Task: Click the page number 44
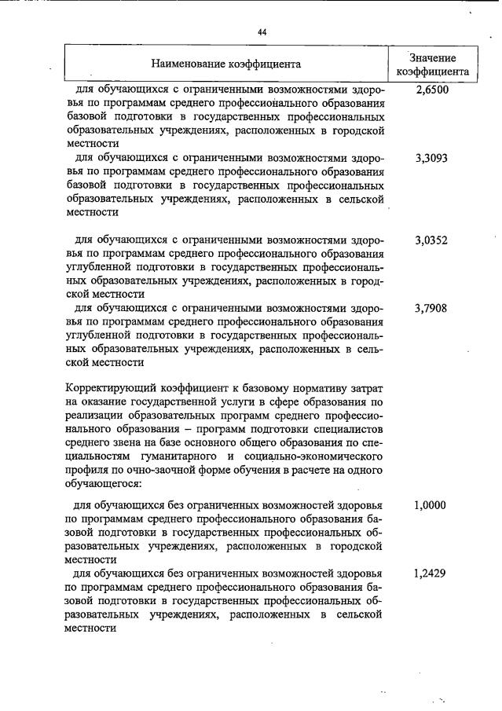pyautogui.click(x=262, y=32)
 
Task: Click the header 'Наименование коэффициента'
pyautogui.click(x=225, y=64)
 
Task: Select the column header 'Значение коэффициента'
pyautogui.click(x=433, y=65)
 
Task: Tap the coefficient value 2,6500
pyautogui.click(x=431, y=90)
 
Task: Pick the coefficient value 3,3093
pyautogui.click(x=431, y=158)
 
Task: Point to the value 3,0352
pyautogui.click(x=431, y=240)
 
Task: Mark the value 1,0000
pyautogui.click(x=430, y=507)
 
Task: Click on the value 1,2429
pyautogui.click(x=430, y=574)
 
